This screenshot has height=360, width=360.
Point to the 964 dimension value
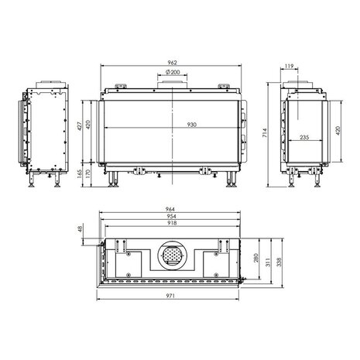(170, 207)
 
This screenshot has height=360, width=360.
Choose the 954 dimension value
(170, 216)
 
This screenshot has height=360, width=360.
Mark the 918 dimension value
(170, 224)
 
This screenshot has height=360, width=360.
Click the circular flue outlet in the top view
(170, 255)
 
